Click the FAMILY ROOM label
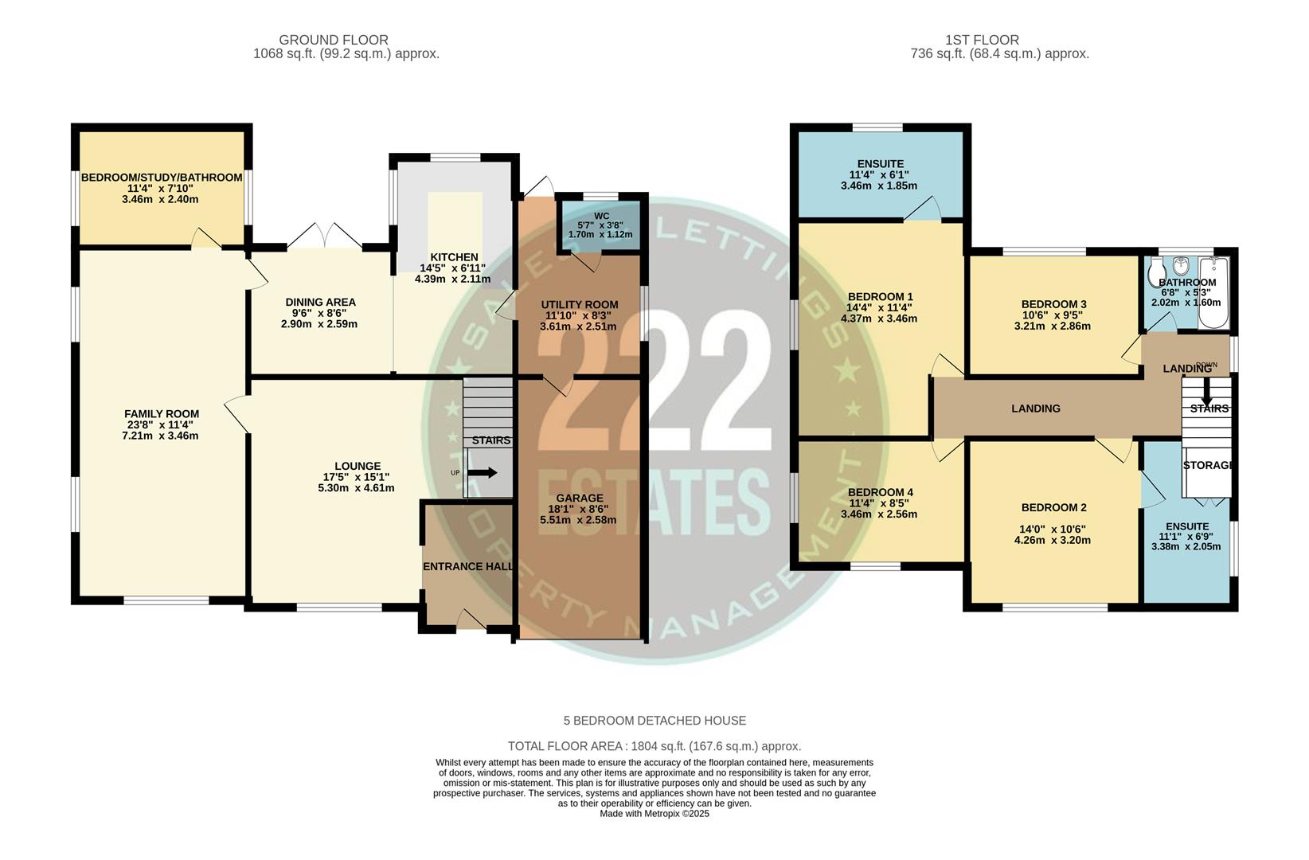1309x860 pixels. (x=162, y=414)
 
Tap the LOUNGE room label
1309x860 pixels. (x=357, y=467)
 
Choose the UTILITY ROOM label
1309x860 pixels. (x=579, y=305)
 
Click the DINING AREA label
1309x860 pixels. (x=320, y=303)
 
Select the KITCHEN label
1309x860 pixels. (x=454, y=257)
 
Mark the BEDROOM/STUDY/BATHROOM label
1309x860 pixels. (x=162, y=178)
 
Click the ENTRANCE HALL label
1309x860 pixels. (x=467, y=567)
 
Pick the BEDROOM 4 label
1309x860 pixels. (x=880, y=493)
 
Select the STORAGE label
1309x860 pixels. (x=1208, y=465)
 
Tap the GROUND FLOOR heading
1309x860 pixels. (x=334, y=40)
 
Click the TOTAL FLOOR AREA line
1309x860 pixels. (x=654, y=747)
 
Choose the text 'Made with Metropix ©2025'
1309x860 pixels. (x=654, y=814)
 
